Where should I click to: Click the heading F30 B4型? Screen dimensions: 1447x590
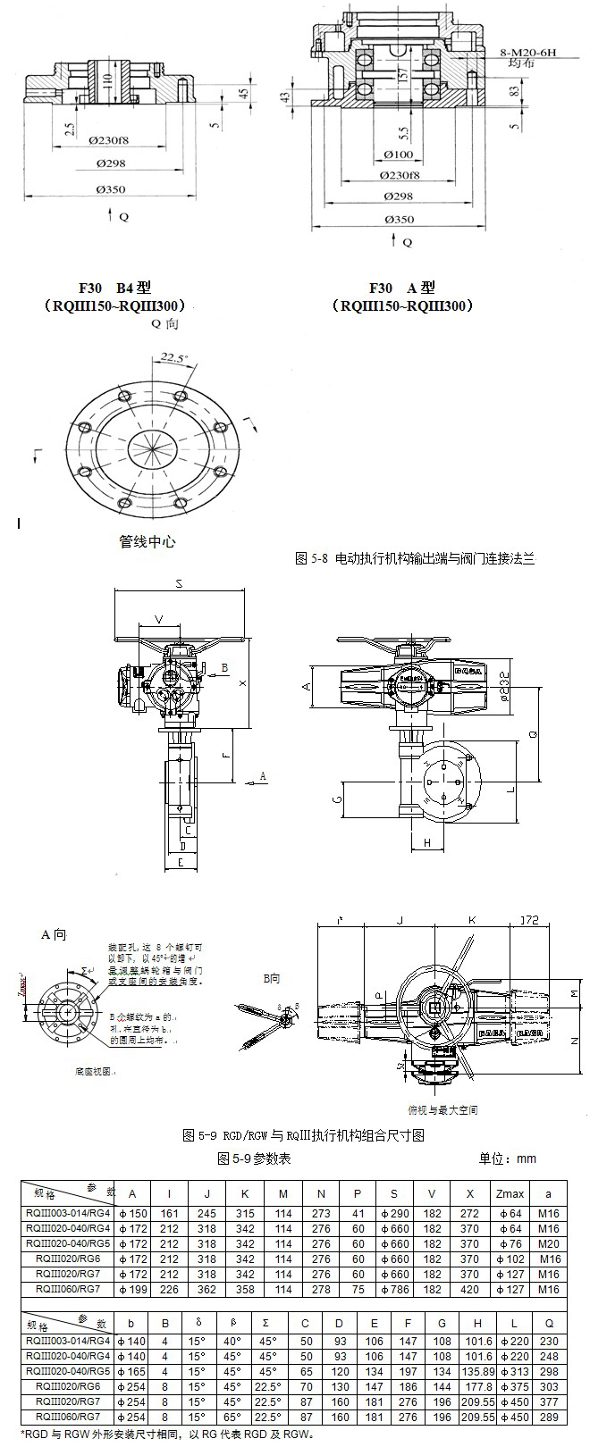click(x=115, y=288)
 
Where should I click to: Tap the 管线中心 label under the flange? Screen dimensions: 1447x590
click(x=147, y=541)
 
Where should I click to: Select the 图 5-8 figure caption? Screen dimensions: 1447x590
click(x=414, y=558)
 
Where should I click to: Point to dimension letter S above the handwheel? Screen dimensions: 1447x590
click(x=179, y=584)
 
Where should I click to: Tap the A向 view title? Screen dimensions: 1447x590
click(x=54, y=934)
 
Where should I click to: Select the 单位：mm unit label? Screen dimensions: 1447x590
click(x=508, y=1158)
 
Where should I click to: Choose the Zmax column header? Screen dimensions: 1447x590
click(x=510, y=1193)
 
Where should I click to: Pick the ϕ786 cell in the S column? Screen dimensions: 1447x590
click(x=393, y=1289)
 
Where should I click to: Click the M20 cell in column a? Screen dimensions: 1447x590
click(x=549, y=1243)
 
